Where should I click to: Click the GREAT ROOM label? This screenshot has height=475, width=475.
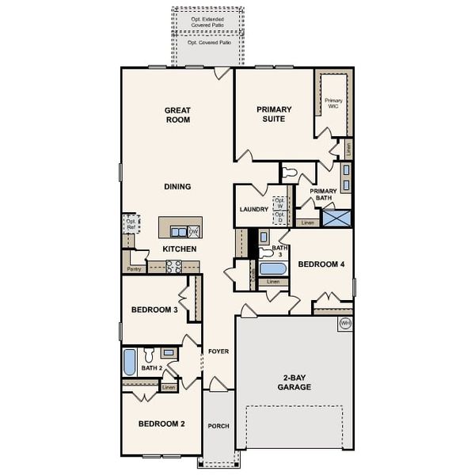tap(178, 115)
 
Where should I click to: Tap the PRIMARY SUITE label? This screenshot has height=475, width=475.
tap(274, 114)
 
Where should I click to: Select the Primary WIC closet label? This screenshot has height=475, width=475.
tap(333, 104)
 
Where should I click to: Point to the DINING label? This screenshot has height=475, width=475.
tap(177, 187)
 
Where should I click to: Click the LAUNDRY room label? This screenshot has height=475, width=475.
tap(253, 209)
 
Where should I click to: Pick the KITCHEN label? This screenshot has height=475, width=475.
tap(180, 249)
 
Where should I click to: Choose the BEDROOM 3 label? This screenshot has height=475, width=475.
tap(154, 310)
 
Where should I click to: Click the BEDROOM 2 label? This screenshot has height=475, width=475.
tap(161, 424)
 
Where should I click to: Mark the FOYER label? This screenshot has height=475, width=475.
tap(218, 351)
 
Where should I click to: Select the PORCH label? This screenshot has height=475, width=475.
tap(218, 426)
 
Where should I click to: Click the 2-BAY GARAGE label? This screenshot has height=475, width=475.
tap(294, 382)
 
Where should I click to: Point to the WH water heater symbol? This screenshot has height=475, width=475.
tap(344, 323)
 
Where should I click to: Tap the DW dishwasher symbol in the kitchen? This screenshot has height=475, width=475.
tap(194, 231)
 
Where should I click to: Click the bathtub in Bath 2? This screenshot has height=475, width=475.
tap(130, 363)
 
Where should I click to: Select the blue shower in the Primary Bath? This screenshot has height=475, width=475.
tap(336, 218)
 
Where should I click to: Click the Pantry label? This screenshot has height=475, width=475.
tap(134, 269)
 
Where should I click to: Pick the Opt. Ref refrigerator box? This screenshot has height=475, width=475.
tap(131, 223)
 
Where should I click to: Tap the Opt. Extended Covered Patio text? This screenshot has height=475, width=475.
tap(207, 21)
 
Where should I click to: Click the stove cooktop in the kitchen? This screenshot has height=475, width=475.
tap(173, 266)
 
